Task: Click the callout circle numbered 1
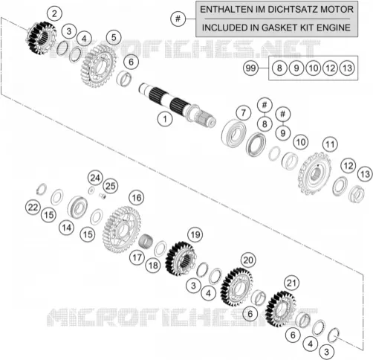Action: pos(165,119)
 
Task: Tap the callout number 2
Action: pos(54,13)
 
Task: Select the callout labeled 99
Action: pos(250,68)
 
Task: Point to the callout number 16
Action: pos(137,198)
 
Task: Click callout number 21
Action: pos(291,283)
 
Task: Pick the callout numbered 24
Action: pos(95,178)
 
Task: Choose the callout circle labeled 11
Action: pos(330,144)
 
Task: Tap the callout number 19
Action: pos(195,234)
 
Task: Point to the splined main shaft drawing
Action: pos(178,106)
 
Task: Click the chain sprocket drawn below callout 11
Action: pos(314,174)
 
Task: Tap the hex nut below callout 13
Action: pos(357,194)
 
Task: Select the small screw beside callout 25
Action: pos(103,196)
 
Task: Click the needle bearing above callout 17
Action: pos(146,241)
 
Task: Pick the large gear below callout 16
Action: pos(122,230)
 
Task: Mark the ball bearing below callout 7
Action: pos(233,133)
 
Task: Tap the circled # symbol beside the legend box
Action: pos(178,19)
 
